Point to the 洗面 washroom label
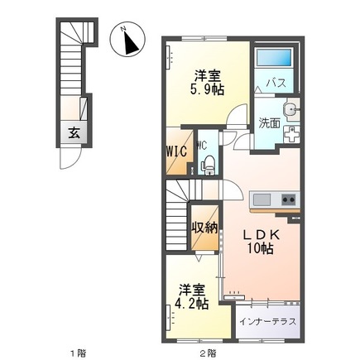pos(269,124)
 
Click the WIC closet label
pos(175,152)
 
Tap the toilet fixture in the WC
pos(208,163)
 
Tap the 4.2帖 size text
pos(192,304)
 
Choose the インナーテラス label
pos(267,320)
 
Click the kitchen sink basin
pos(261,199)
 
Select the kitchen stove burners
pos(288,199)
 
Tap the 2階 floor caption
pos(209,353)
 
